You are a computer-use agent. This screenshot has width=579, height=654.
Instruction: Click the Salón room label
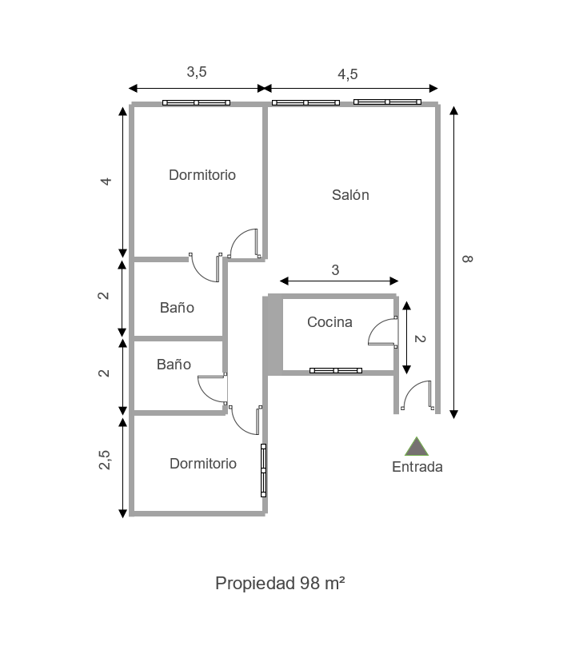[x=350, y=195]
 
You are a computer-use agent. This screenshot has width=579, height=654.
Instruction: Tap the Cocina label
[x=329, y=322]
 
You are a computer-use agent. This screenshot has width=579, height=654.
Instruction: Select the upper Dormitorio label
[x=202, y=175]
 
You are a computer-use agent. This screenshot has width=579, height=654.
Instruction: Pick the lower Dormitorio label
[x=203, y=464]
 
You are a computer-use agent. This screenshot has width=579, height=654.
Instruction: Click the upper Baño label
[x=177, y=307]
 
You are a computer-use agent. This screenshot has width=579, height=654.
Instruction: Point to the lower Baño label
[x=174, y=365]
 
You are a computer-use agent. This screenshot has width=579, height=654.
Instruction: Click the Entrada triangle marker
[x=416, y=447]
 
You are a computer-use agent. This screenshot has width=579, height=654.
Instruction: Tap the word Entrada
[x=417, y=468]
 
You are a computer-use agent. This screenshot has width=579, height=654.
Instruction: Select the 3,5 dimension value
[x=197, y=72]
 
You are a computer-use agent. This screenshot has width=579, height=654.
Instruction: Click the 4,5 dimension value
[x=347, y=74]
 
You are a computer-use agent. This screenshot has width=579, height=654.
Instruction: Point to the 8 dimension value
[x=468, y=258]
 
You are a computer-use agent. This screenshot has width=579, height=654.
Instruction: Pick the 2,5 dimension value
[x=105, y=461]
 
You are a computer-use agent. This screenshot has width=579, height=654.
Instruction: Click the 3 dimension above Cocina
[x=335, y=270]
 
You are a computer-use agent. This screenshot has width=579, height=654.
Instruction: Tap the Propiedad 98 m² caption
[x=280, y=583]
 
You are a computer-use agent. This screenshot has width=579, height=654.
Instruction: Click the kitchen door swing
[x=382, y=332]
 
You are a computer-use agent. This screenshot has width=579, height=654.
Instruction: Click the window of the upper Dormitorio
[x=196, y=103]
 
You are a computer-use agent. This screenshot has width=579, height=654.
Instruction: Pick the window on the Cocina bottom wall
[x=336, y=371]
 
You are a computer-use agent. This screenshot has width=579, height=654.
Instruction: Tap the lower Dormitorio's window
[x=264, y=470]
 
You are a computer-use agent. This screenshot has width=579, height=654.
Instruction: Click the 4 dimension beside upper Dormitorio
[x=106, y=181]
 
